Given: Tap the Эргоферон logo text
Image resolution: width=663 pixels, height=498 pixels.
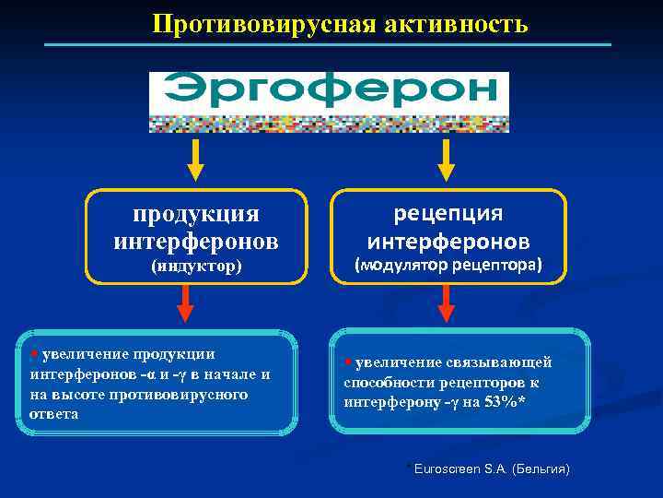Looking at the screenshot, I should pos(329,90).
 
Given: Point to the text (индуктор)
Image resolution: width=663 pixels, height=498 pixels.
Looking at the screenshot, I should pos(195,267).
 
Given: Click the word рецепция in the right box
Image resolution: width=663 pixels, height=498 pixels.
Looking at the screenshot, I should pos(448,213).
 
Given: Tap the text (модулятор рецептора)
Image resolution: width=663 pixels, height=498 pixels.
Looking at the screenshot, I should pos(448,265).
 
